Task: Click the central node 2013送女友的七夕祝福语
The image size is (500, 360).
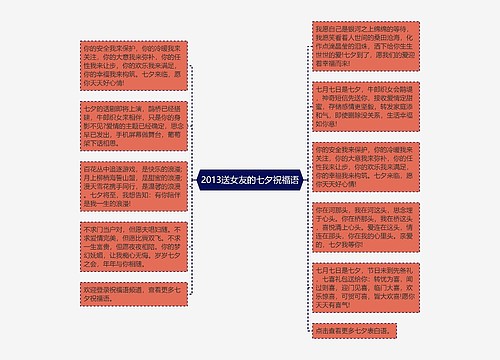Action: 249,181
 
